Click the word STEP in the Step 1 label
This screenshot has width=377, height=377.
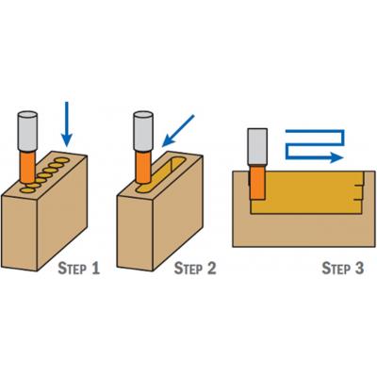click(x=73, y=269)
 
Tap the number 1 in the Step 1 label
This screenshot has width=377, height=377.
click(x=95, y=269)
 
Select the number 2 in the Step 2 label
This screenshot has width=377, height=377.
click(x=211, y=269)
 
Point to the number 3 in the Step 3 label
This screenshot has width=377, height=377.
click(x=358, y=269)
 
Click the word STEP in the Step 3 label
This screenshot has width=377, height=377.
click(x=336, y=269)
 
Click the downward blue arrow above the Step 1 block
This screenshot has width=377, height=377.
click(x=66, y=124)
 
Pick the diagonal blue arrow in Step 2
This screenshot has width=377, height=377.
click(x=178, y=131)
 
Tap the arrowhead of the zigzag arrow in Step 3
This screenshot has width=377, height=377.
click(x=336, y=157)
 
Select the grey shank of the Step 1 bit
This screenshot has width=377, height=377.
click(x=27, y=131)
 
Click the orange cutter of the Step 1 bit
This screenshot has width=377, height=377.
click(x=27, y=167)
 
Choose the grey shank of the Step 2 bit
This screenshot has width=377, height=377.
click(x=143, y=131)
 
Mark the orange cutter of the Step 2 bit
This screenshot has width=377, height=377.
click(x=143, y=167)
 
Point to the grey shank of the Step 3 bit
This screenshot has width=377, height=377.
click(x=257, y=146)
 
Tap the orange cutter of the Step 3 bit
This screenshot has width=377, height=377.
click(x=257, y=182)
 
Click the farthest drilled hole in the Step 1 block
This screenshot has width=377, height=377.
click(x=62, y=160)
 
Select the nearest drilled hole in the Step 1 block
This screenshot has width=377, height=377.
click(x=26, y=190)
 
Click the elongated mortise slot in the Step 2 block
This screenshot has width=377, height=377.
click(x=161, y=175)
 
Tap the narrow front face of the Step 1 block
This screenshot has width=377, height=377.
click(x=20, y=233)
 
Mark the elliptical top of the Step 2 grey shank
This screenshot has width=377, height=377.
click(x=143, y=115)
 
